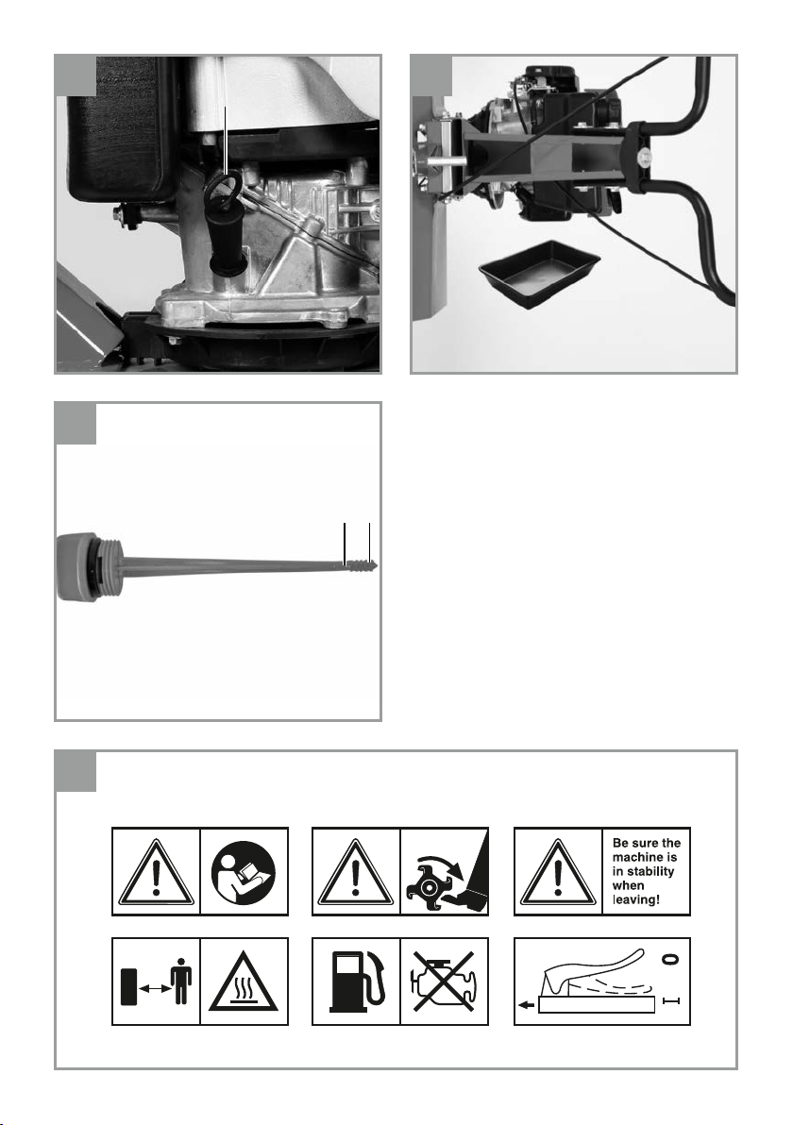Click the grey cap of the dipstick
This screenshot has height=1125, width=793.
tap(74, 567)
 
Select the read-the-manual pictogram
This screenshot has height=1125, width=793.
tap(244, 872)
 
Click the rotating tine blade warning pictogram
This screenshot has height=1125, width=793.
tap(445, 872)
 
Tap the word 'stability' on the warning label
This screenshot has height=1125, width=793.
tap(644, 871)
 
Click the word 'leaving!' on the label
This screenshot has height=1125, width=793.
tap(636, 899)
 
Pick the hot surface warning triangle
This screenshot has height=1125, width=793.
tap(244, 984)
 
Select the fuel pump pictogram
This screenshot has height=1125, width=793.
tap(357, 981)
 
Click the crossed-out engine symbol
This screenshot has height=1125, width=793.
tap(445, 982)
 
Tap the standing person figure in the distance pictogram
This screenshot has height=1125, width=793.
tap(182, 982)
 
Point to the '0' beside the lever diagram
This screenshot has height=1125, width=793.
tap(672, 959)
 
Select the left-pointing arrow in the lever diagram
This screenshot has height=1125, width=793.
tap(527, 1006)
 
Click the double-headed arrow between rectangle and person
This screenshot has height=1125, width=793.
tap(154, 989)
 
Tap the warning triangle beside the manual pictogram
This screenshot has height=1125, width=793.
tap(156, 873)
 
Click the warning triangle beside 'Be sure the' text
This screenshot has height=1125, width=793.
tap(558, 873)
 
